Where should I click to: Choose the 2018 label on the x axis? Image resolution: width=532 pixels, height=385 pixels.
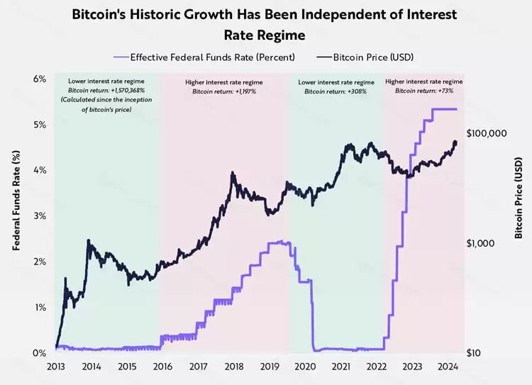click(233, 367)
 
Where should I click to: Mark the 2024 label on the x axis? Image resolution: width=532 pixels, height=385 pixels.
click(448, 367)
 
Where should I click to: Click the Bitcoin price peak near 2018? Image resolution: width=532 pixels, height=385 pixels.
click(233, 173)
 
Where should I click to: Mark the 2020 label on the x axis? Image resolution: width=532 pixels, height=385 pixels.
click(305, 367)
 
